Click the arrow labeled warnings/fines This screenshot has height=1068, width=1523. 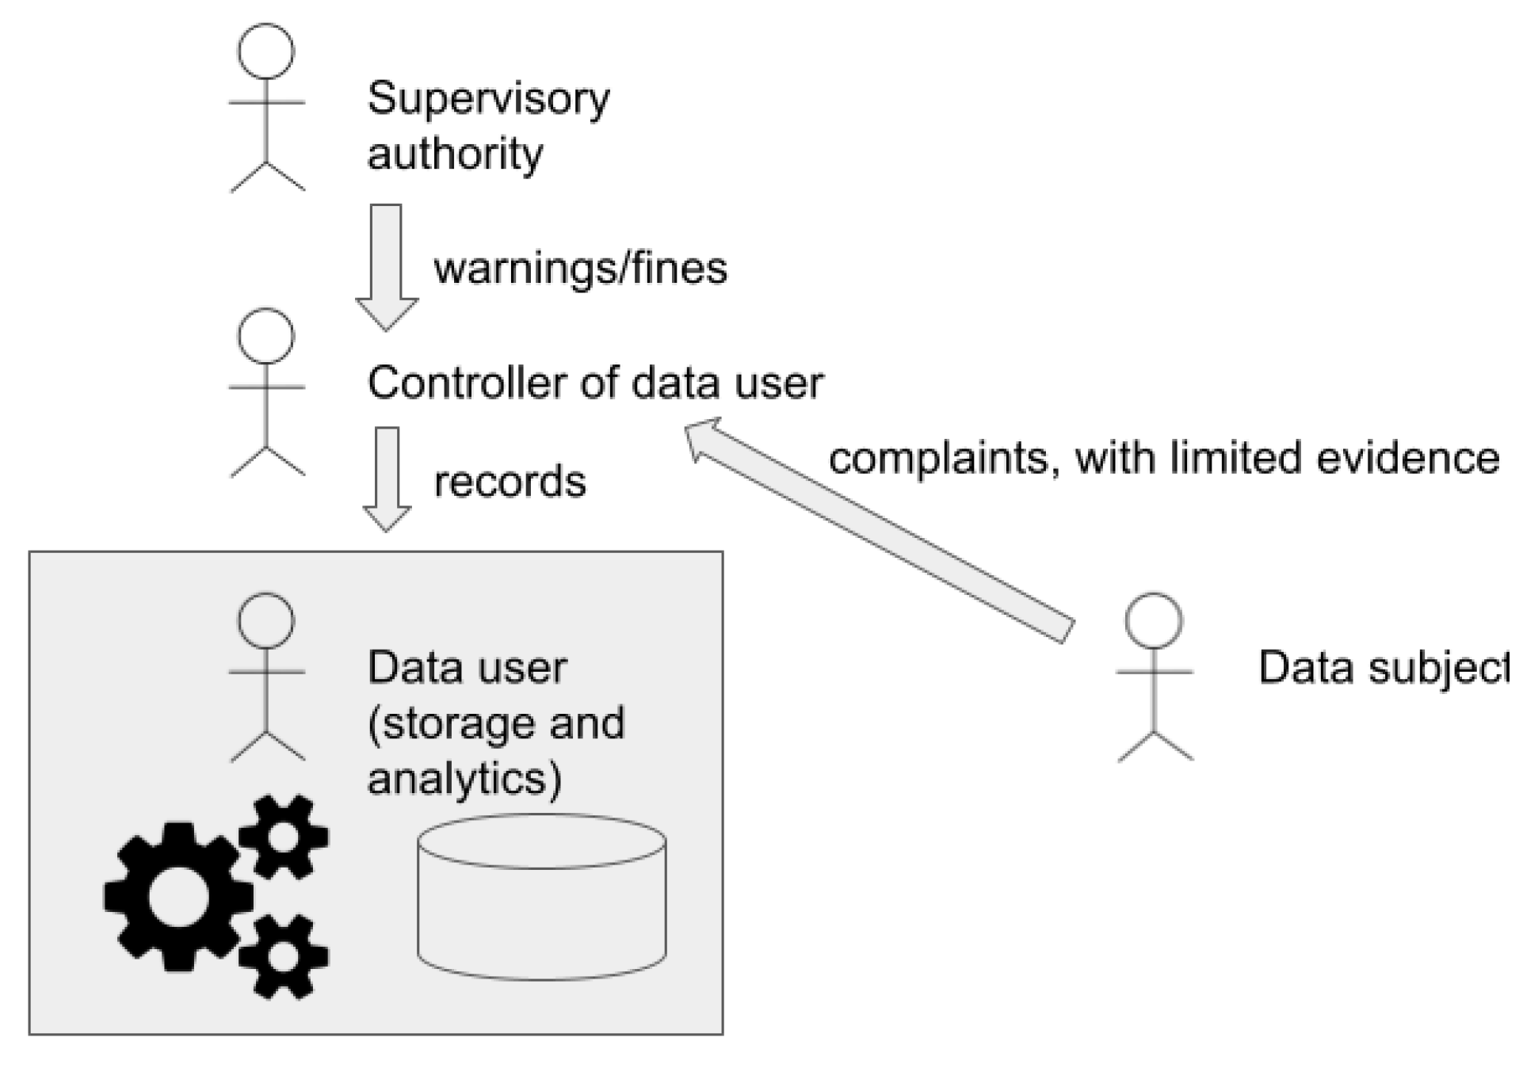387,267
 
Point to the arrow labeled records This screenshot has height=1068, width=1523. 387,479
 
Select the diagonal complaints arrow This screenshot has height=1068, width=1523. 880,529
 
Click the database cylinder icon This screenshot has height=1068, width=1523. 542,896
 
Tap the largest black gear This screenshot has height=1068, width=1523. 178,896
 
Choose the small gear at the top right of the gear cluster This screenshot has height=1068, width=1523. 284,837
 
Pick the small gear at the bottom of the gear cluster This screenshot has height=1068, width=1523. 283,955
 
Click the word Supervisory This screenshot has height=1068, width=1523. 489,101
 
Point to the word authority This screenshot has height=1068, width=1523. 455,154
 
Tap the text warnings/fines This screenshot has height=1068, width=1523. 580,268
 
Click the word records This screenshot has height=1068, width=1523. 510,482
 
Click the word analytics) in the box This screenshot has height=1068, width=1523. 465,779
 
